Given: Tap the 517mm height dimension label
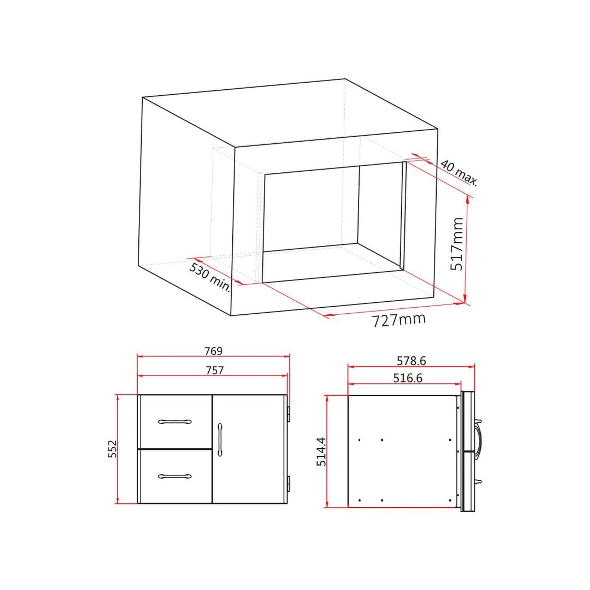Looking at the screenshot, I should [458, 244].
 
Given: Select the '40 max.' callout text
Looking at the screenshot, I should [459, 173].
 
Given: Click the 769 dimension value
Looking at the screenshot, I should [213, 351].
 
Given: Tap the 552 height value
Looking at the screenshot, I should [112, 449].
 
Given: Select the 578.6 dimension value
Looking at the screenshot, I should [411, 361].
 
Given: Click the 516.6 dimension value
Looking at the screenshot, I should [408, 378].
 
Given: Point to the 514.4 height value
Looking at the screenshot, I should [321, 452].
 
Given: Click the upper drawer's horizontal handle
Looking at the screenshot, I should [175, 421].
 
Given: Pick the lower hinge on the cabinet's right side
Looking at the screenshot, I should [288, 484].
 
